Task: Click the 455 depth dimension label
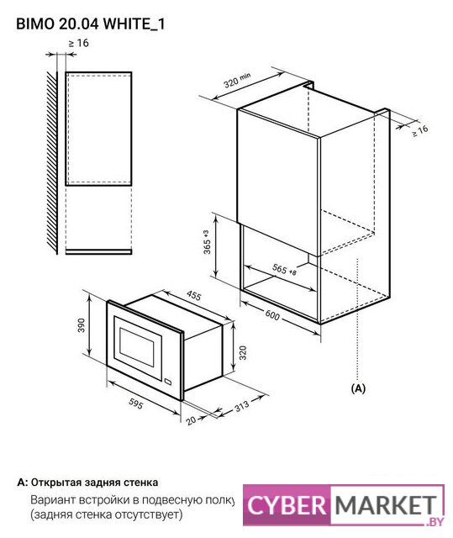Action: tap(194, 295)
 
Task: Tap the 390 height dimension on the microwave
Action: tap(82, 325)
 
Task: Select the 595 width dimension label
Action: tap(135, 403)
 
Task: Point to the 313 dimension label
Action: tap(242, 407)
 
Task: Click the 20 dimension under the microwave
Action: tap(192, 420)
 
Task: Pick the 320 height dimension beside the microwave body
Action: tap(242, 353)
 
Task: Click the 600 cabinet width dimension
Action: tap(272, 315)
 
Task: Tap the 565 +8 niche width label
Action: tap(284, 270)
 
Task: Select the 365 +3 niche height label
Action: tap(207, 242)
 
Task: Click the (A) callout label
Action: tap(358, 388)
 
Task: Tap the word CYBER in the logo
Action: tap(287, 506)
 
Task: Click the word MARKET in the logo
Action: tap(386, 505)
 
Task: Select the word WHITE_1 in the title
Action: tap(134, 24)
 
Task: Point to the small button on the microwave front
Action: tap(168, 381)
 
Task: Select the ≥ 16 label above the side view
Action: tap(78, 43)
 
